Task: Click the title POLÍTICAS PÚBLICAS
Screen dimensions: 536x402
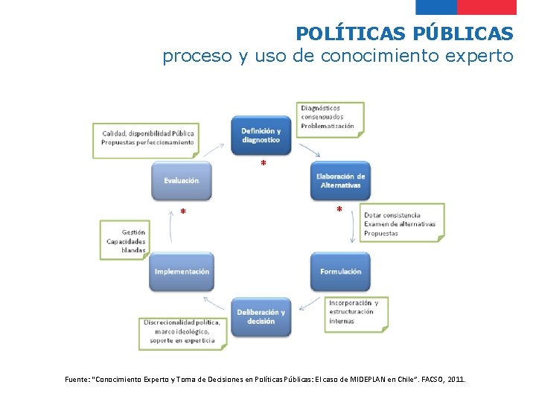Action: pos(404,33)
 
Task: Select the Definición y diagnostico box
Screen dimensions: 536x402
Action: pos(261,135)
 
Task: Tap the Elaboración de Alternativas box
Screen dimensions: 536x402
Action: pos(339,181)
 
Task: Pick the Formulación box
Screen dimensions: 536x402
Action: pos(340,272)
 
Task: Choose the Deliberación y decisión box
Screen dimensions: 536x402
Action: pos(261,316)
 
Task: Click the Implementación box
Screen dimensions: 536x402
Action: pos(182,272)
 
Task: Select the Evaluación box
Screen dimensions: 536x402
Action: pos(182,181)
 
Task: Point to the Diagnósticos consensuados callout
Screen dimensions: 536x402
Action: pos(330,118)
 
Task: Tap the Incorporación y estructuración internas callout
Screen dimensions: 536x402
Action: pos(355,312)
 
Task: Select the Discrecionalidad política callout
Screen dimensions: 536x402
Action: pos(182,331)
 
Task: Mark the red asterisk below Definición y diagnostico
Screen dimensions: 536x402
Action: pos(263,164)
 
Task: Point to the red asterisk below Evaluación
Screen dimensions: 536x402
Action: pos(183,213)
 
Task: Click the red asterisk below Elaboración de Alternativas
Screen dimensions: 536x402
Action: pos(339,211)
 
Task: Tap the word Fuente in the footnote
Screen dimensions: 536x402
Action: pos(78,380)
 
